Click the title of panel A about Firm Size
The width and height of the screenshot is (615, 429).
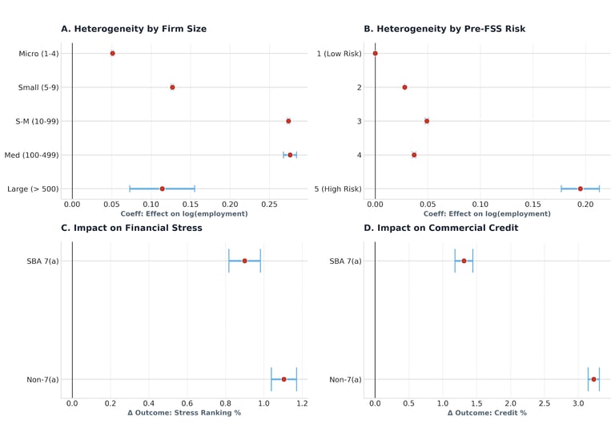point(134,29)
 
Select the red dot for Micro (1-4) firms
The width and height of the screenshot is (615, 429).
point(112,53)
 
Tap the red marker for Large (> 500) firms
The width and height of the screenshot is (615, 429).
point(162,188)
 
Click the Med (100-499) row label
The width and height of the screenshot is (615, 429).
point(31,155)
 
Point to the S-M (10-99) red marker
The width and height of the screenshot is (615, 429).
point(288,121)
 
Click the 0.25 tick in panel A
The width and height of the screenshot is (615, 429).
point(268,204)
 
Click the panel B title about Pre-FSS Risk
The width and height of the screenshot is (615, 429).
point(444,29)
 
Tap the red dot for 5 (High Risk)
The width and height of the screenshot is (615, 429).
point(581,188)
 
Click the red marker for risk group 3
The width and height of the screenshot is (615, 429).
point(427,121)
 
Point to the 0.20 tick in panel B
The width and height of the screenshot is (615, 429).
point(585,204)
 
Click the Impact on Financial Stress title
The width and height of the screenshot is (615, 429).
point(131,228)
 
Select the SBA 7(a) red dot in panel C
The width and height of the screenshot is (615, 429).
point(244,261)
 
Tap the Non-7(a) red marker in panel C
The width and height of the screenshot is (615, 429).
point(283,379)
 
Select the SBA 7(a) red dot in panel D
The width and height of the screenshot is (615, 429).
point(464,261)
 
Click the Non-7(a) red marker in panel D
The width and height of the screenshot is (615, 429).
point(593,379)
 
